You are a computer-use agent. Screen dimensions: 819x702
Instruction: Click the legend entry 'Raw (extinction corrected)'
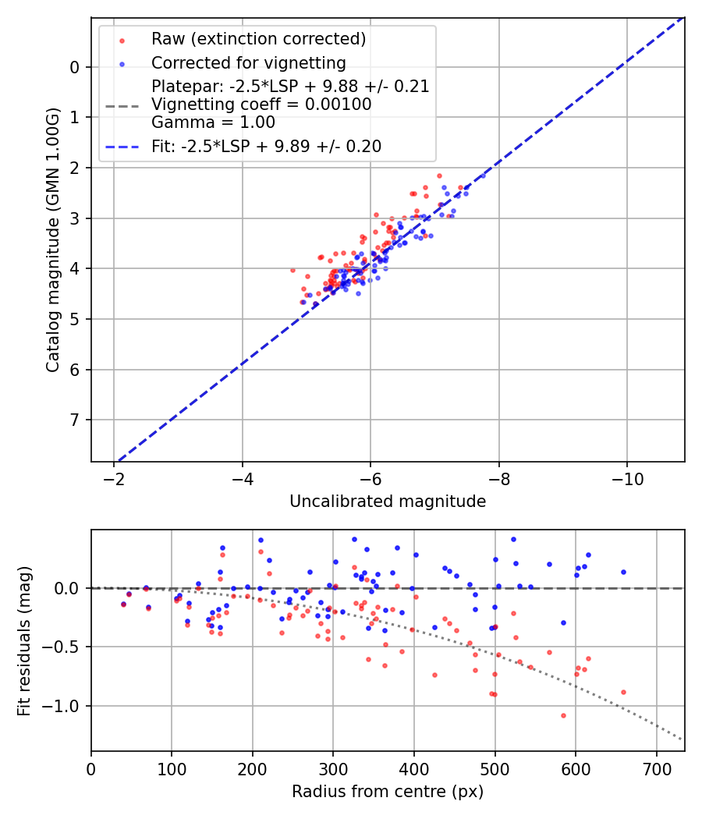point(258,38)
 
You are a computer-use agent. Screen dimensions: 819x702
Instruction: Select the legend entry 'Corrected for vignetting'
point(248,62)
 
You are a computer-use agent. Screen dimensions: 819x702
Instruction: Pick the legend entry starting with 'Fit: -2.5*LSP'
point(266,146)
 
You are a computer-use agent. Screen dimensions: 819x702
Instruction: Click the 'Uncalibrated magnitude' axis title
point(388,502)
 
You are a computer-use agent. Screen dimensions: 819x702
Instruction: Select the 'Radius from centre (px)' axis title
point(388,792)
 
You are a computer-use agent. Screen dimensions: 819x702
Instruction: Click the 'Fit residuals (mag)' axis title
point(25,640)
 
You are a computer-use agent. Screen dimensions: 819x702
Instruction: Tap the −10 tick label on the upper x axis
point(626,477)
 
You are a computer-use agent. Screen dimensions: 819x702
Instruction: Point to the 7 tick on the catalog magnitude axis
point(75,420)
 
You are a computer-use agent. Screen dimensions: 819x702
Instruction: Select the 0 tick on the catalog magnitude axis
point(75,67)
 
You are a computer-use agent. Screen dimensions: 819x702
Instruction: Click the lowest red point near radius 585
point(563,715)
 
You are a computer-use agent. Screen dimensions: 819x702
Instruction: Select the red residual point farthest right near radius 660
point(623,692)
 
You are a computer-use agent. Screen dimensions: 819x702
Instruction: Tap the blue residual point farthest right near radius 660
point(623,572)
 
